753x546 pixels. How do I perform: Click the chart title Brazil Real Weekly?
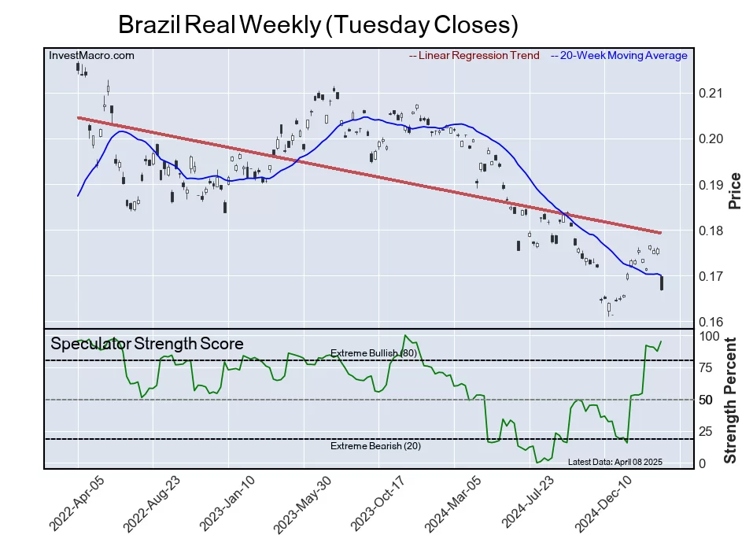tap(318, 24)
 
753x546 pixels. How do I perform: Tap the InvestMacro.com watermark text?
tap(91, 56)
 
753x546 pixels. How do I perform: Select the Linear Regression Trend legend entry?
tap(474, 56)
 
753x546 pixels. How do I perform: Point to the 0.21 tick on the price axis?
tap(711, 94)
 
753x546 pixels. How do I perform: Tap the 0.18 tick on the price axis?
tap(711, 231)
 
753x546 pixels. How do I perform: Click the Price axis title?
tap(735, 190)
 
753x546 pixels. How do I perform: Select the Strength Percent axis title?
tap(731, 400)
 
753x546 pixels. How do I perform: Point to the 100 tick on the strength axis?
tap(710, 336)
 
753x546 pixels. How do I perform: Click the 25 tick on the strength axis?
tap(706, 431)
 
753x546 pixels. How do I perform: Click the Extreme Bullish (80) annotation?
tap(373, 354)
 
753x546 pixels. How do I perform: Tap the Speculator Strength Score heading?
tap(146, 344)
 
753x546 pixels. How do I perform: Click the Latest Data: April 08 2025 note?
tap(615, 461)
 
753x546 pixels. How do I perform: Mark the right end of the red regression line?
tap(660, 233)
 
